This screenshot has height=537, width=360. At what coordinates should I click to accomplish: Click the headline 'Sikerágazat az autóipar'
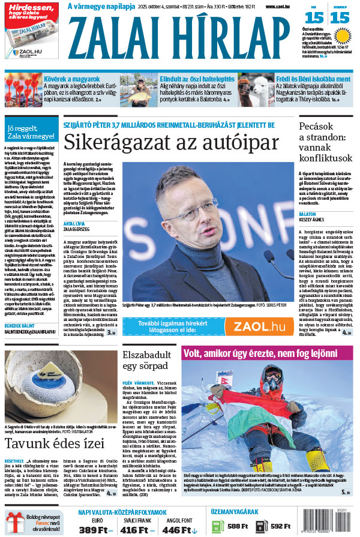click(x=171, y=143)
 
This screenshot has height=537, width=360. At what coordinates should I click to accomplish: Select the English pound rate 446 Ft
click(x=180, y=530)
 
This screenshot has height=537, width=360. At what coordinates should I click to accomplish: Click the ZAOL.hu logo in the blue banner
click(x=259, y=326)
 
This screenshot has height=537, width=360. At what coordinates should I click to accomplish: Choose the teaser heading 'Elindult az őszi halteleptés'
click(x=197, y=79)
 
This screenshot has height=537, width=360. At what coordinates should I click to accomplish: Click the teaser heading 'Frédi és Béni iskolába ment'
click(x=313, y=79)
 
